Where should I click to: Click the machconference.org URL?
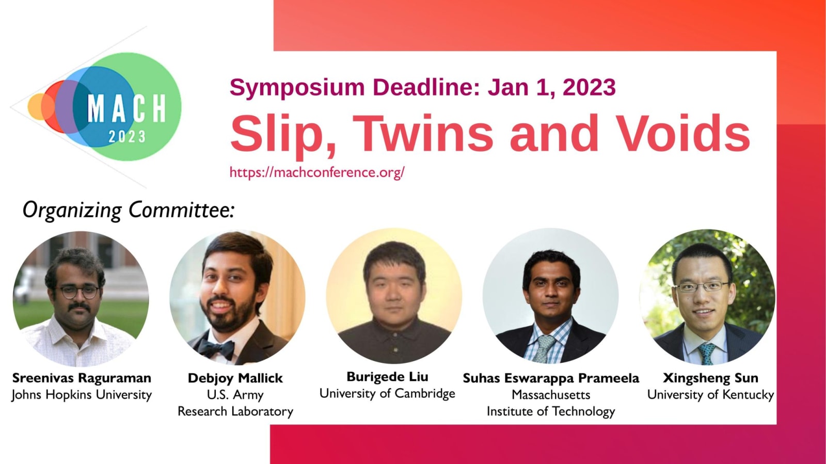[x=317, y=172]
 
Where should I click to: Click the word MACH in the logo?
[x=127, y=109]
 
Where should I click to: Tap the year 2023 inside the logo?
[x=127, y=137]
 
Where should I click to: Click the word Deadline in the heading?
[x=426, y=87]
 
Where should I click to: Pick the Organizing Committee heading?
[x=129, y=211]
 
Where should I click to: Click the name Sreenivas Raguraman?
[x=82, y=378]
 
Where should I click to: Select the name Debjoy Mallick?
[x=235, y=378]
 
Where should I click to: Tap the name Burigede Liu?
[x=387, y=377]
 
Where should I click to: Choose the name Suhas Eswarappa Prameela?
[x=551, y=378]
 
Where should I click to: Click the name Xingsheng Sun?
[x=710, y=378]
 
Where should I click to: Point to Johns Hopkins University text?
[x=82, y=395]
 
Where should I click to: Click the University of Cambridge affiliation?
[x=387, y=394]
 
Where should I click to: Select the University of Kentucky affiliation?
[x=710, y=395]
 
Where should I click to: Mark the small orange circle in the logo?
[x=37, y=106]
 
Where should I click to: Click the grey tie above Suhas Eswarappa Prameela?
[x=544, y=348]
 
